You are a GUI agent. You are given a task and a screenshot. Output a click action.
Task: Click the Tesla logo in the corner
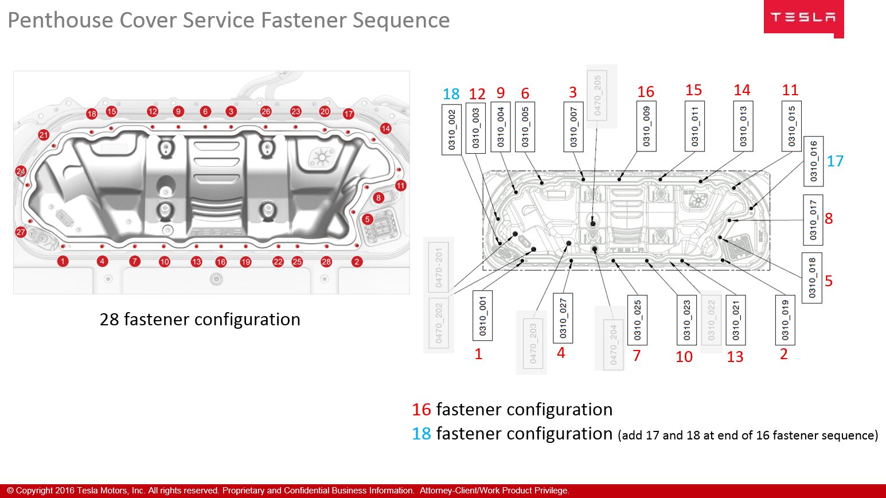[x=803, y=18]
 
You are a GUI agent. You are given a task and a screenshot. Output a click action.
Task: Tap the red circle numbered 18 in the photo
[x=92, y=114]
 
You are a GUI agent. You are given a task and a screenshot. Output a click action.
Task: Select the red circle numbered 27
[x=21, y=232]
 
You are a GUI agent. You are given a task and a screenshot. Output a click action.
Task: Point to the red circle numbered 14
[x=386, y=129]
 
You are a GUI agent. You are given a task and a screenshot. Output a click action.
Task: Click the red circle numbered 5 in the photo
[x=368, y=219]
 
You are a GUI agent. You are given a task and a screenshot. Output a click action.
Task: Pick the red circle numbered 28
[x=326, y=262]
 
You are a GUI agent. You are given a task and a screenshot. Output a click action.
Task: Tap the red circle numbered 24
[x=21, y=171]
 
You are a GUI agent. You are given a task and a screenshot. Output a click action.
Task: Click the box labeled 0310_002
[x=452, y=129]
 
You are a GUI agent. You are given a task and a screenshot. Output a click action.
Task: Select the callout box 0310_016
[x=813, y=161]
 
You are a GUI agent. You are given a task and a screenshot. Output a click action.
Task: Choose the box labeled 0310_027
[x=563, y=318]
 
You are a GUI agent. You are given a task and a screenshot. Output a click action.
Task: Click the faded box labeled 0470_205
[x=598, y=95]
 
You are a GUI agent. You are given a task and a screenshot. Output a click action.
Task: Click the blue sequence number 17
[x=835, y=161]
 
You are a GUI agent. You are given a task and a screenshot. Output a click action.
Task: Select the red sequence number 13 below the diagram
[x=735, y=357]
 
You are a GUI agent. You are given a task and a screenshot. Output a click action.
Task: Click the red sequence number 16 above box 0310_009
[x=646, y=92]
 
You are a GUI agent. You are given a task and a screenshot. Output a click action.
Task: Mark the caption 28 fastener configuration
[x=200, y=319]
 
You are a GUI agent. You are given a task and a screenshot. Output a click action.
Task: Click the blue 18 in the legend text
[x=421, y=434]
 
